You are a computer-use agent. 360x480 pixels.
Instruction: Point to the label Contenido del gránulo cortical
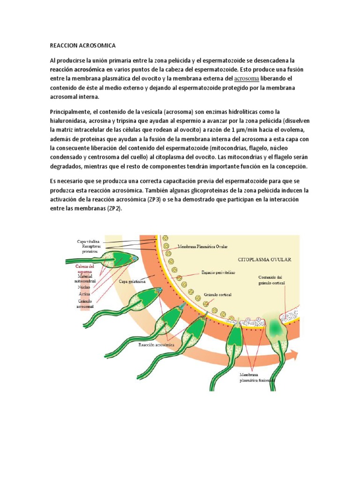271,280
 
